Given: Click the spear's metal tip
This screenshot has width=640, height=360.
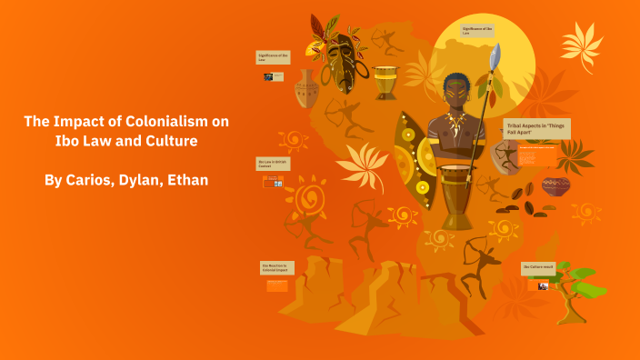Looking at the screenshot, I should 495,56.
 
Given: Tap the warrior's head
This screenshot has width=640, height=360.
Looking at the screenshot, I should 454,89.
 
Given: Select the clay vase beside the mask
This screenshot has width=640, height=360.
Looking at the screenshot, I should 307,89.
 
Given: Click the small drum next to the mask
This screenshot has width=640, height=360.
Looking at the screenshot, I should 385,82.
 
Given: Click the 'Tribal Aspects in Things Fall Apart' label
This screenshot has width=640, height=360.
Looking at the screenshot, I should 536,128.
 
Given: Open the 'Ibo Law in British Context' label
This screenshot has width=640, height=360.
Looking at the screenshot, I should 273,164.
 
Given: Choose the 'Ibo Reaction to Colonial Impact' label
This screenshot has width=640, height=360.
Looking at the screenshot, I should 276,268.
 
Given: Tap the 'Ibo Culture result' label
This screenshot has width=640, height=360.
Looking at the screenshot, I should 539,268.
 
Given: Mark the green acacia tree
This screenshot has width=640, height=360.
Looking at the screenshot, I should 573,282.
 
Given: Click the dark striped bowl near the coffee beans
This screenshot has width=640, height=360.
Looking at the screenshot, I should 555,186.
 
